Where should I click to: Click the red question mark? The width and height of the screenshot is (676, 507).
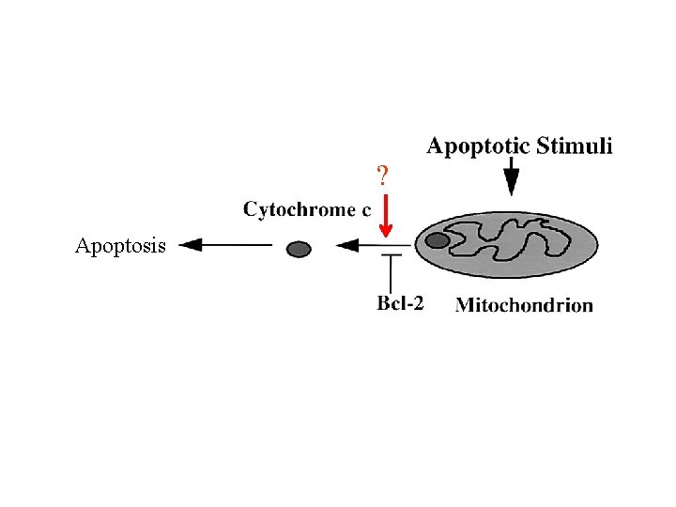pyautogui.click(x=382, y=176)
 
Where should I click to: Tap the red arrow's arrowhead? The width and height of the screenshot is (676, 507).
pyautogui.click(x=385, y=229)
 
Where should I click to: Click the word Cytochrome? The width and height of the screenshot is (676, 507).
pyautogui.click(x=300, y=209)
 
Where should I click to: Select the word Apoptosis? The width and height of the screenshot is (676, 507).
pyautogui.click(x=120, y=246)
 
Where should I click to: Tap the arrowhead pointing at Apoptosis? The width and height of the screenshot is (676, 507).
pyautogui.click(x=191, y=246)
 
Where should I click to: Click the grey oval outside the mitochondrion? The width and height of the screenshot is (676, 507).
pyautogui.click(x=298, y=249)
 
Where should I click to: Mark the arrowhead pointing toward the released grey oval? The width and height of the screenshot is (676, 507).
pyautogui.click(x=346, y=247)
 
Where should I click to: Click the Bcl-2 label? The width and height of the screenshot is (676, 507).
pyautogui.click(x=400, y=304)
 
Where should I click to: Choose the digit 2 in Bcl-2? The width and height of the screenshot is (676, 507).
pyautogui.click(x=418, y=304)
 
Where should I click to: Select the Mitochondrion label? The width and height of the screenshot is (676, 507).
pyautogui.click(x=524, y=304)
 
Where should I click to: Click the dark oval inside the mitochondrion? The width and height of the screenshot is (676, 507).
pyautogui.click(x=438, y=240)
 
